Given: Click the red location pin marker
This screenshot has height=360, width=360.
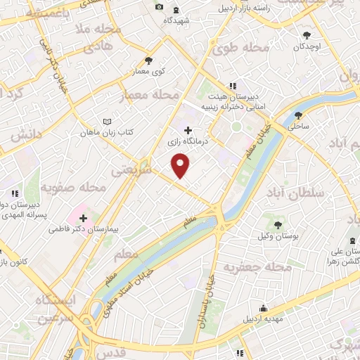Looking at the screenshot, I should click(x=181, y=166).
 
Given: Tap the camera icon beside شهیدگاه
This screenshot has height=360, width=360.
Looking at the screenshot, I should click(x=160, y=7).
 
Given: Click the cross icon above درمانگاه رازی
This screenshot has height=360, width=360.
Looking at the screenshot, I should click(x=188, y=130).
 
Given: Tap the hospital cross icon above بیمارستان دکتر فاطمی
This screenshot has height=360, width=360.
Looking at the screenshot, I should click(x=83, y=218).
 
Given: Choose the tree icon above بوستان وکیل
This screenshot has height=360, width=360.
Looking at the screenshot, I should click(x=279, y=224).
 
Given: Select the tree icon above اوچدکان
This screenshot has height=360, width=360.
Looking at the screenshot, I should click(x=307, y=35).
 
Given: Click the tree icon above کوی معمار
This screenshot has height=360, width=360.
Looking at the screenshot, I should click(x=148, y=60).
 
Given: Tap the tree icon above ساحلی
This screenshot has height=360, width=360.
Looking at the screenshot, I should click(x=299, y=115).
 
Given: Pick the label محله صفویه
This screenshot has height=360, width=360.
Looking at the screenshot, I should click(x=74, y=188).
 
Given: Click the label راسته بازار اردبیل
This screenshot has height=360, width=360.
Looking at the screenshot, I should click(x=243, y=7).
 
